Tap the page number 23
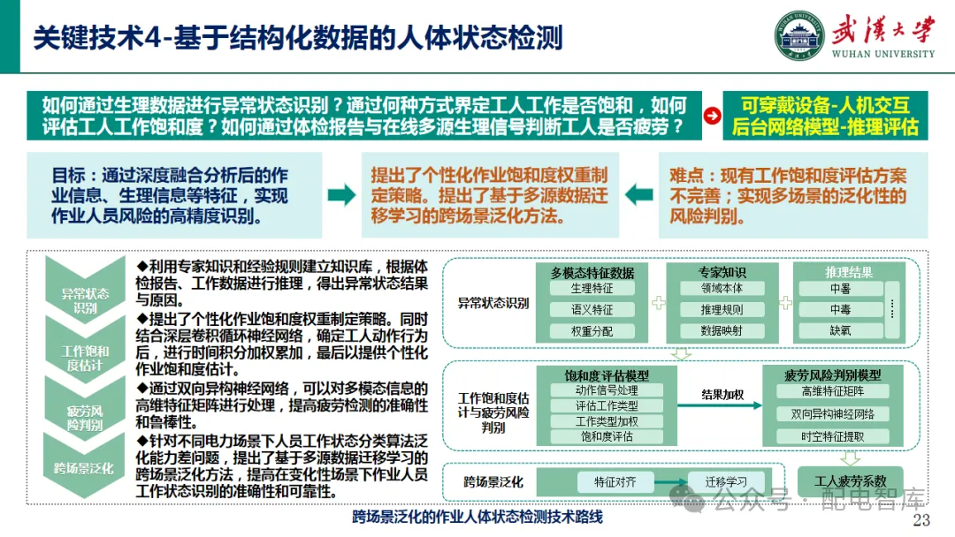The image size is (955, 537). click(x=922, y=519)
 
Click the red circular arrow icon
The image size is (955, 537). click(x=710, y=116)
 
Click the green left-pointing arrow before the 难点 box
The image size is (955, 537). click(x=640, y=194)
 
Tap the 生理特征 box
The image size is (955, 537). click(x=592, y=288)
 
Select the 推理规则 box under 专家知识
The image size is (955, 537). click(x=722, y=310)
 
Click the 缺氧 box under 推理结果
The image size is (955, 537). click(x=840, y=331)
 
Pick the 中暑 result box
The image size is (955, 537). click(x=840, y=288)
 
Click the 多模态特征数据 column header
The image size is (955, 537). click(x=592, y=272)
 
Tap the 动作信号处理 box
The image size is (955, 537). click(x=607, y=390)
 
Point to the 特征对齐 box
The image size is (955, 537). click(x=615, y=481)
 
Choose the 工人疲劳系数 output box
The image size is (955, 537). click(x=850, y=480)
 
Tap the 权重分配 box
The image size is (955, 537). click(x=592, y=331)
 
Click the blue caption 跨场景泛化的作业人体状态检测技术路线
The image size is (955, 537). click(x=477, y=517)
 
